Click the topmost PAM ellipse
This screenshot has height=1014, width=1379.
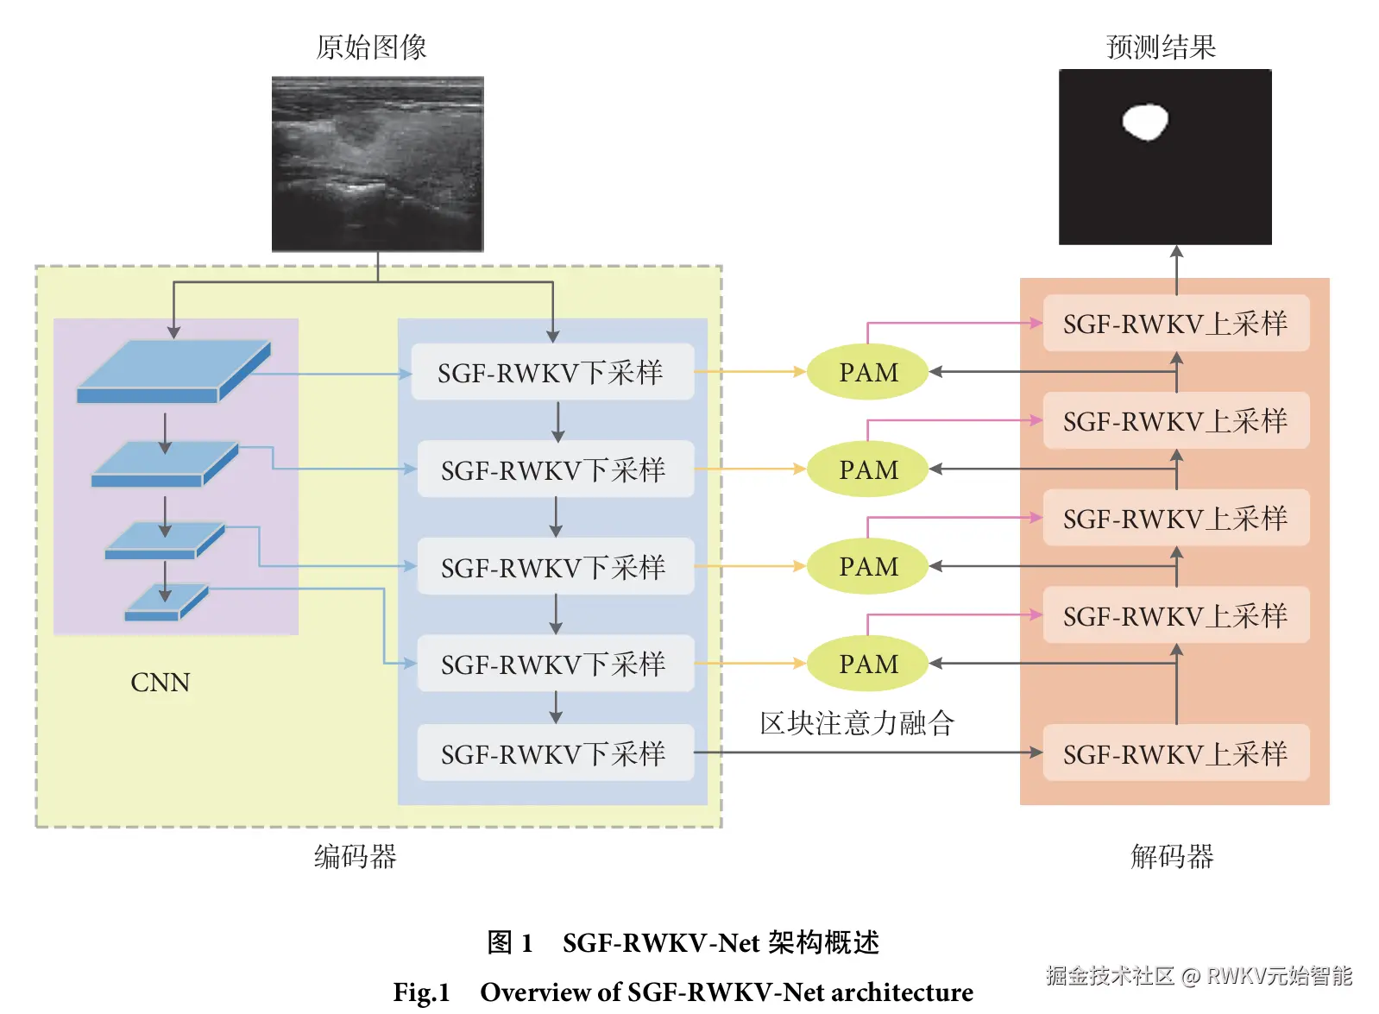(867, 372)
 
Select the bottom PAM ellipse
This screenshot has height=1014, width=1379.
(867, 664)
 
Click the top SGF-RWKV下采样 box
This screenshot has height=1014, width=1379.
(552, 372)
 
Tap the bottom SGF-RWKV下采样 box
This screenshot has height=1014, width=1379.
(555, 753)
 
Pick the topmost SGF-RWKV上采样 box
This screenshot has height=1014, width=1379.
(1175, 324)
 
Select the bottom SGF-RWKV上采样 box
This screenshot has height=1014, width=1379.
(1175, 753)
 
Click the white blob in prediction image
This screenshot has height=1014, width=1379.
(1145, 122)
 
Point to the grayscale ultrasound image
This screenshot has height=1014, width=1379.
(377, 164)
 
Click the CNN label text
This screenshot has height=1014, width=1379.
(160, 683)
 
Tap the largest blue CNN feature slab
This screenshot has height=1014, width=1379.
(173, 372)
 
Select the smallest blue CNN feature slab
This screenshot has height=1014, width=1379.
(166, 602)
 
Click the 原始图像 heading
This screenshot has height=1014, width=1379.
(371, 47)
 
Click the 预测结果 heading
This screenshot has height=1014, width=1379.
(1161, 47)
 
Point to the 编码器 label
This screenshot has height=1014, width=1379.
(355, 856)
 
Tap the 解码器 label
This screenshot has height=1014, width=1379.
(1172, 856)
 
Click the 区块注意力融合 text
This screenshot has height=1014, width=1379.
(856, 723)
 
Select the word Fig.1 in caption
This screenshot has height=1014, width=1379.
(421, 992)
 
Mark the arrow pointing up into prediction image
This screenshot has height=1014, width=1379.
(1176, 254)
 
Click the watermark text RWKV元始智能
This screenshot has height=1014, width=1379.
(1279, 975)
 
